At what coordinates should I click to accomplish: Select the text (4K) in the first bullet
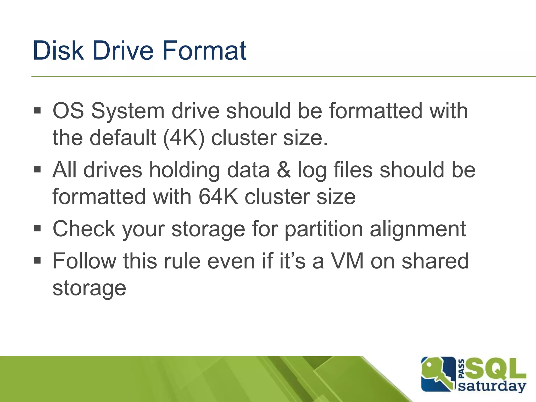183,138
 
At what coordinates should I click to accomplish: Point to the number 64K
218,197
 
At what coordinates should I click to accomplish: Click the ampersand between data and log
284,170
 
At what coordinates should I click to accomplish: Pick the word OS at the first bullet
68,111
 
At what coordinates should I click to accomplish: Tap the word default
123,138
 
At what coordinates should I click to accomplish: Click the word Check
84,229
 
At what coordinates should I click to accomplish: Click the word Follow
85,261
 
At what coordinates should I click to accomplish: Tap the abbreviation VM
347,261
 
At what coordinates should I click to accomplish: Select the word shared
435,261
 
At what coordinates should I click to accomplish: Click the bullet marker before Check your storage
37,228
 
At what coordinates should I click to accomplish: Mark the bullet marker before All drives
37,169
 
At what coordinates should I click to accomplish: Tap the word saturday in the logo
492,386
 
